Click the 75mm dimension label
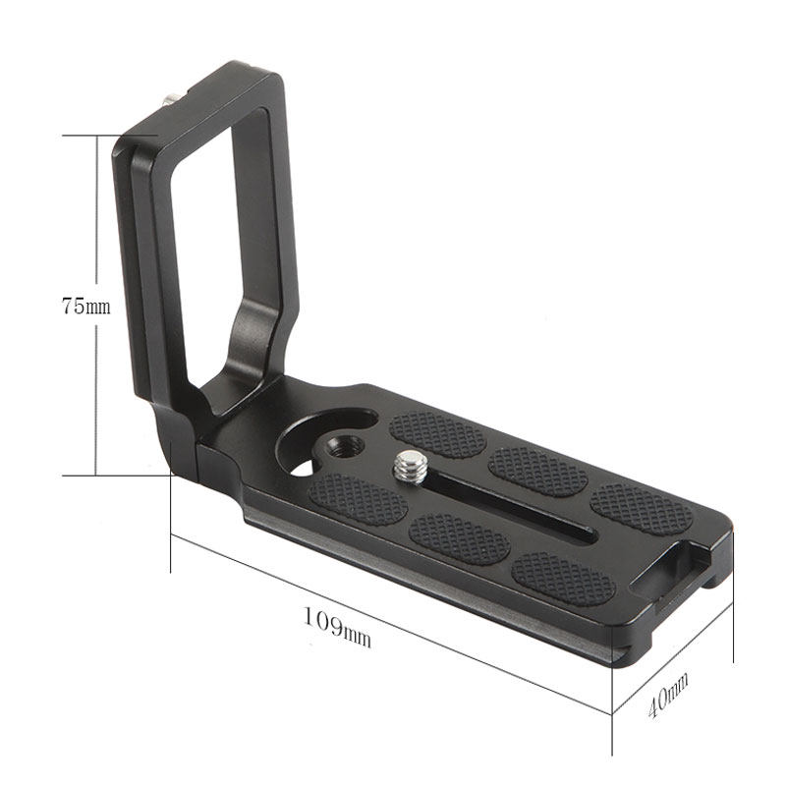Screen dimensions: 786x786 click(x=85, y=306)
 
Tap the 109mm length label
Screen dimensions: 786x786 click(x=336, y=629)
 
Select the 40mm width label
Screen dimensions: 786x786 click(x=668, y=694)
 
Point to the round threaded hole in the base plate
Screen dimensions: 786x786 click(x=345, y=446)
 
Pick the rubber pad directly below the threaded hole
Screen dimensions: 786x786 click(x=358, y=499)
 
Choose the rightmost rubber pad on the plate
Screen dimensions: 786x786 click(x=641, y=509)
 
